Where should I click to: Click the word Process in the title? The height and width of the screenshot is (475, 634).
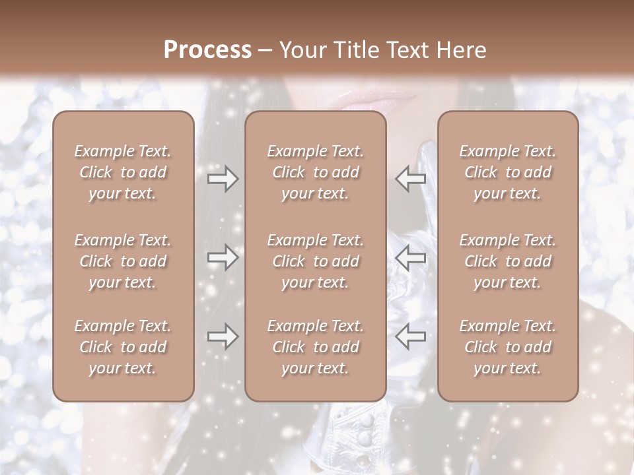[x=207, y=50]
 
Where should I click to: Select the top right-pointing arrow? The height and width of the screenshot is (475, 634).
[x=223, y=178]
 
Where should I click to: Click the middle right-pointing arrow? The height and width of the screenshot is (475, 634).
[x=223, y=257]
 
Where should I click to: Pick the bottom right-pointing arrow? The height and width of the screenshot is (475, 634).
[x=223, y=337]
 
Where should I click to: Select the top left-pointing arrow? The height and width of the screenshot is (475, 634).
[x=411, y=178]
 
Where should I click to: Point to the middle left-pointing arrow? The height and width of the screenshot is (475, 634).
[x=411, y=257]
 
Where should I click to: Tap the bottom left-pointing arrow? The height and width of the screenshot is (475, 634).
[x=411, y=337]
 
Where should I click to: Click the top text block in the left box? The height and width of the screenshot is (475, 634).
[x=123, y=172]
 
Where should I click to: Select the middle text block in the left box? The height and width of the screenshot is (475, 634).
[x=123, y=261]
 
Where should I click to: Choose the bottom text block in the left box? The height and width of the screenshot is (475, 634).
[x=123, y=347]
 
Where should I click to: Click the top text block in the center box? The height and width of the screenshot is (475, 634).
[x=315, y=172]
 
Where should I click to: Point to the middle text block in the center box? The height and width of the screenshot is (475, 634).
[x=315, y=261]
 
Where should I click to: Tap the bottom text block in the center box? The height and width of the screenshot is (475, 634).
[x=315, y=347]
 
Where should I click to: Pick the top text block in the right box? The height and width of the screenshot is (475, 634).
[x=507, y=172]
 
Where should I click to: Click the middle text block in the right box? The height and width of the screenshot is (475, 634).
[x=507, y=261]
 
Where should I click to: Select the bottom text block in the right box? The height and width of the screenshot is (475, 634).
[x=507, y=347]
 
